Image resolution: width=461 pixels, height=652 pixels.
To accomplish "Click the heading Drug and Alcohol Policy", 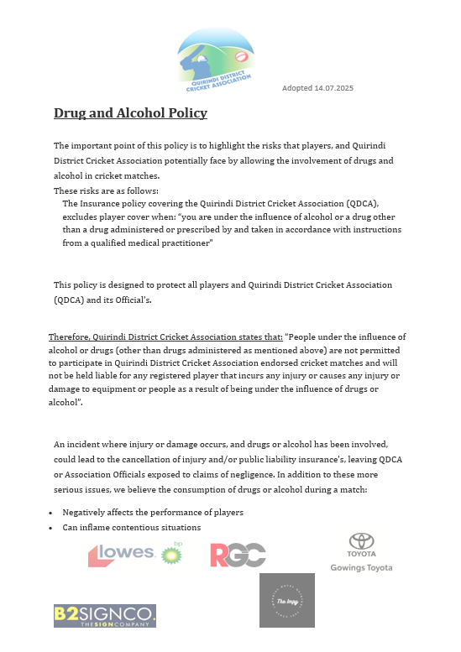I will point(130,112).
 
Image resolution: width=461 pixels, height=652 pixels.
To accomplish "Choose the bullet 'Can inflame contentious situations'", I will point(131,528).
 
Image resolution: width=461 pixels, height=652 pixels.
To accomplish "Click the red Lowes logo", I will point(122,554).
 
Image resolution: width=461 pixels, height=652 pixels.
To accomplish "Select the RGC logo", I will point(238,555).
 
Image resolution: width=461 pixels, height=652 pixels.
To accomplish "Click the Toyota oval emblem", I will point(361,542).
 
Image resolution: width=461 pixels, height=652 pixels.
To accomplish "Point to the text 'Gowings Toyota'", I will point(361,568).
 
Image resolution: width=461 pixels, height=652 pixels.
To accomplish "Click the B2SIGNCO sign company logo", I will point(105,616).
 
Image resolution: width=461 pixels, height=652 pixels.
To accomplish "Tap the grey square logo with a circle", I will point(286,600).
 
